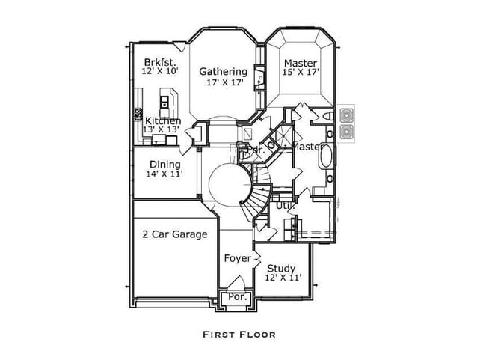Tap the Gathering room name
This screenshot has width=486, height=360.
223,72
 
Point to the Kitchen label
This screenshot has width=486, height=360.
162,120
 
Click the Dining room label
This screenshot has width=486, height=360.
164,165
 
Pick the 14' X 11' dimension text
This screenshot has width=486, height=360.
164,174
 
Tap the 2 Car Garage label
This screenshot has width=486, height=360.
174,234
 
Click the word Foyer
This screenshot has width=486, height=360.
238,258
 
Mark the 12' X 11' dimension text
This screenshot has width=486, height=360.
282,278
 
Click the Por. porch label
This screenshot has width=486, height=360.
237,297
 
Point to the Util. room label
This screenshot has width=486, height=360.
284,204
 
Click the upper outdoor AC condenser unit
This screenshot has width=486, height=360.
347,115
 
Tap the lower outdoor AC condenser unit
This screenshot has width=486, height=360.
347,132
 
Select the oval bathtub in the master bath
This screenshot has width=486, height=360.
328,158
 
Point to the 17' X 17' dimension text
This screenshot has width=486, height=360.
223,82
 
